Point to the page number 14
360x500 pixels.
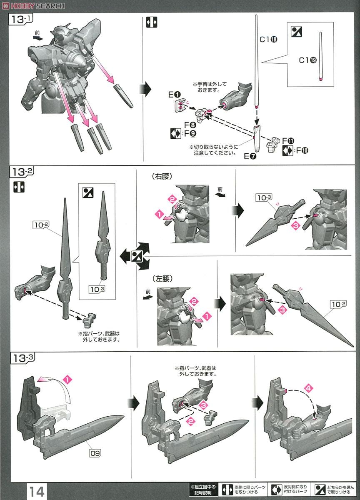pyautogui.click(x=37, y=491)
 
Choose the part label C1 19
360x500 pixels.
pyautogui.click(x=308, y=60)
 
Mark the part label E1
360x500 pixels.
pyautogui.click(x=174, y=95)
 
